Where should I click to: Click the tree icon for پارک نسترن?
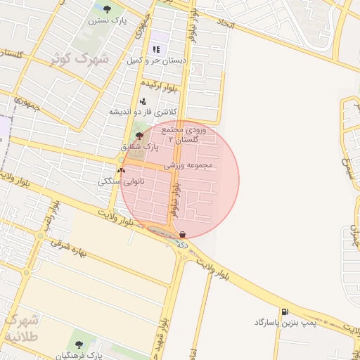[x=107, y=10]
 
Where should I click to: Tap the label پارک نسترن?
[x=108, y=21]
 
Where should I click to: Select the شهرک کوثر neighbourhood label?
[x=80, y=59]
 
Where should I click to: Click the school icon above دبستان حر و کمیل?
[x=156, y=50]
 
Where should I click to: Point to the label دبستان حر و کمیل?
[x=156, y=61]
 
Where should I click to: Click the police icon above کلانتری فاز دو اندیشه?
[x=143, y=101]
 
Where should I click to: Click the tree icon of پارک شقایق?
[x=139, y=136]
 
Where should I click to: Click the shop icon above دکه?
[x=183, y=234]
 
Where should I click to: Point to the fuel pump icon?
[x=284, y=311]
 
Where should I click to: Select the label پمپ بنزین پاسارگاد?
[x=285, y=322]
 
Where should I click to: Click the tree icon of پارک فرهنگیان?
[x=78, y=345]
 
